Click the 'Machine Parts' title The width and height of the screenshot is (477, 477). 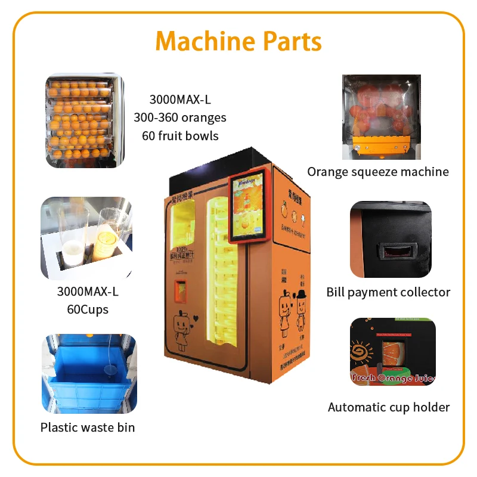click(238, 42)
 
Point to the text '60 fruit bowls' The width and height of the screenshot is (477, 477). click(180, 135)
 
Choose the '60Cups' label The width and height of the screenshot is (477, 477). click(88, 310)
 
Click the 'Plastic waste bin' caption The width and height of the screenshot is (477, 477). click(88, 428)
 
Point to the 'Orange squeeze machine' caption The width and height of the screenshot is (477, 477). click(378, 172)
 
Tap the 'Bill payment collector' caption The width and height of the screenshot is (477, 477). click(388, 292)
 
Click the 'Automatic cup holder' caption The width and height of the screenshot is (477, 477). click(389, 407)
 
